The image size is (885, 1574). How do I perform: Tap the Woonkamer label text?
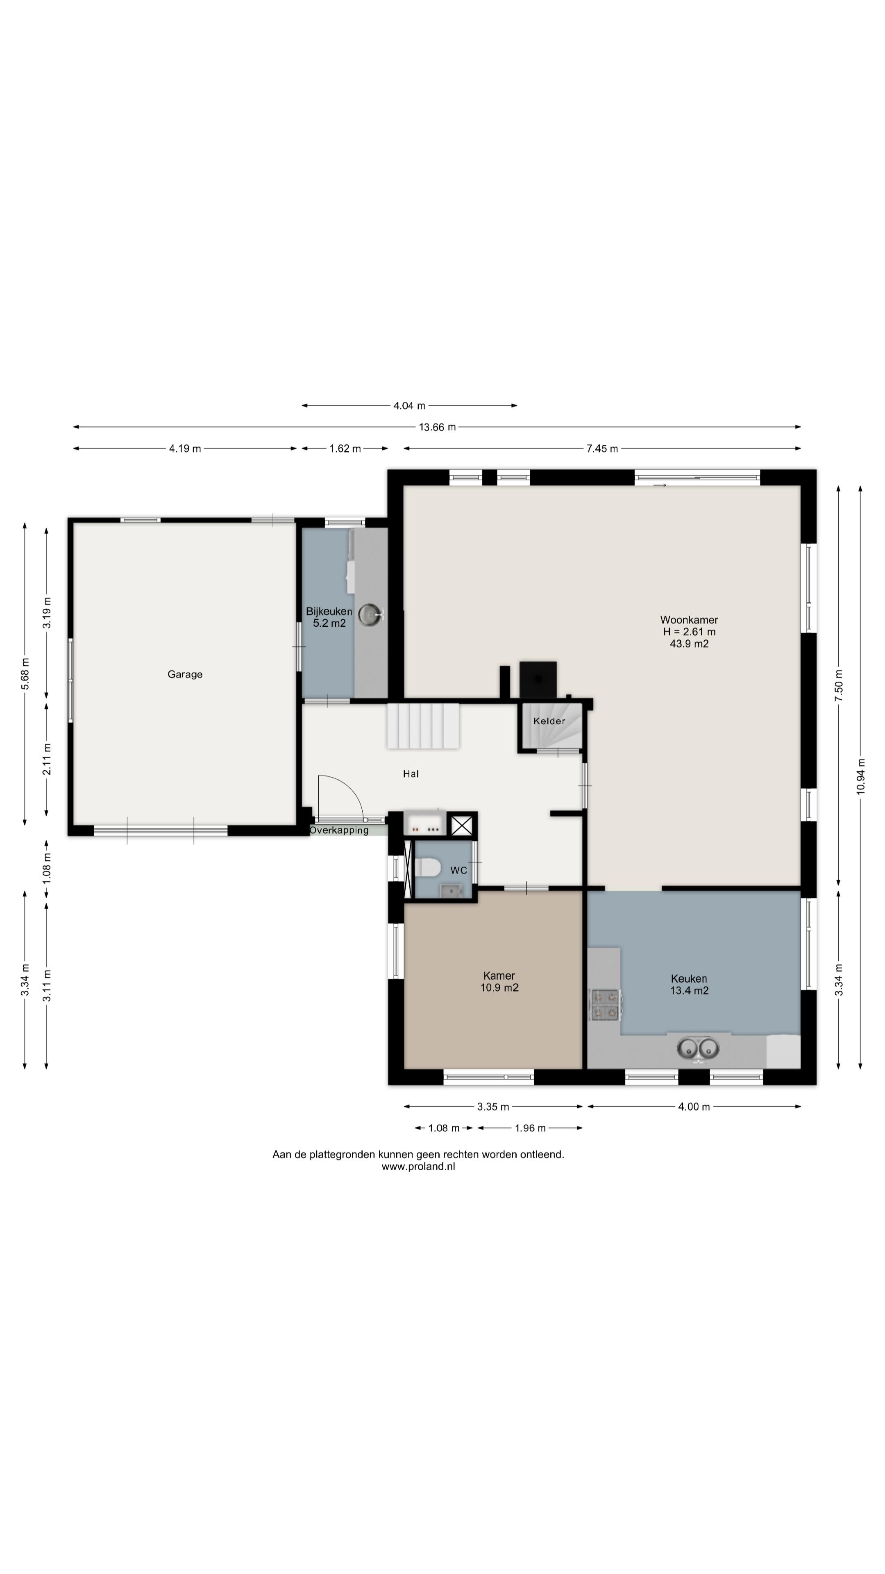pyautogui.click(x=688, y=620)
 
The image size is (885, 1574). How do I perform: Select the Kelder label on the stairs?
pyautogui.click(x=549, y=721)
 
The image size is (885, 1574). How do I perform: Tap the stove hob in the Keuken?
pyautogui.click(x=605, y=1005)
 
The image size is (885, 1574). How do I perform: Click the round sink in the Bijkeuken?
pyautogui.click(x=370, y=615)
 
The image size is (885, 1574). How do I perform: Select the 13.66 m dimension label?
pyautogui.click(x=437, y=427)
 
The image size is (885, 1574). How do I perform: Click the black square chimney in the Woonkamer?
pyautogui.click(x=538, y=680)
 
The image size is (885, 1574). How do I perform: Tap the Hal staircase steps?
pyautogui.click(x=423, y=726)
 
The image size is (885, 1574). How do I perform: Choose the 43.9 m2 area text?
pyautogui.click(x=689, y=644)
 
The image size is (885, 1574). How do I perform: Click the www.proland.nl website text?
pyautogui.click(x=418, y=1167)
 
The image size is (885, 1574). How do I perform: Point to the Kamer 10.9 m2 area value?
pyautogui.click(x=499, y=987)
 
